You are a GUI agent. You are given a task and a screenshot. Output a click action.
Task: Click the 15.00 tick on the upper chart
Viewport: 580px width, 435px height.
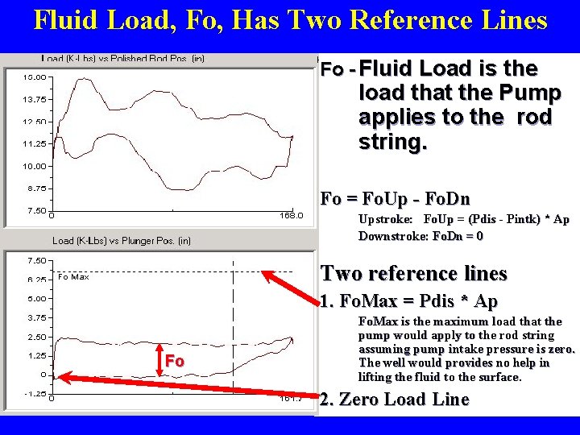click(x=33, y=77)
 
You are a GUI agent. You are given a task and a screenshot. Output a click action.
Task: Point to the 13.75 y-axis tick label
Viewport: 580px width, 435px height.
click(x=33, y=100)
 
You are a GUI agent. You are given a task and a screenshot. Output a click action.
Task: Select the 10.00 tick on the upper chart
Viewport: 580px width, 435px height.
click(x=33, y=167)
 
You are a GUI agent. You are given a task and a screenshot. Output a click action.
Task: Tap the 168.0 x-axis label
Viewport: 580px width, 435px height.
click(x=291, y=216)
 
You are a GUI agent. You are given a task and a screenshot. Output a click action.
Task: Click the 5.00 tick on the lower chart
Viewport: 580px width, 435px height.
click(x=36, y=298)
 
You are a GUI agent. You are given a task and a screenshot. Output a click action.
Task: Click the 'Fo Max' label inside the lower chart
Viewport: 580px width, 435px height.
click(x=73, y=277)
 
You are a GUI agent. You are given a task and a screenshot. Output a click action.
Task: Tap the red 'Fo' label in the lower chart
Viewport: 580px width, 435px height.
click(x=174, y=361)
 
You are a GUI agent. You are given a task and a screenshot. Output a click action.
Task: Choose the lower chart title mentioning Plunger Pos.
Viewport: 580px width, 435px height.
click(x=121, y=240)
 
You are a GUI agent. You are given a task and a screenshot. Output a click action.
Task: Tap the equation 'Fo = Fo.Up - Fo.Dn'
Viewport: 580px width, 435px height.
click(x=395, y=198)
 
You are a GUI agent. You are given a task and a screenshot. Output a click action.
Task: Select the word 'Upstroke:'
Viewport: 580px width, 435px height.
click(x=386, y=219)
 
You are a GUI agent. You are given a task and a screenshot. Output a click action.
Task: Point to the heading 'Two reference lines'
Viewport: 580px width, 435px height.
click(x=413, y=274)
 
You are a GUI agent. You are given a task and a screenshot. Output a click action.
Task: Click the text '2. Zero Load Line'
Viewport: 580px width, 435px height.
click(x=394, y=400)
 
